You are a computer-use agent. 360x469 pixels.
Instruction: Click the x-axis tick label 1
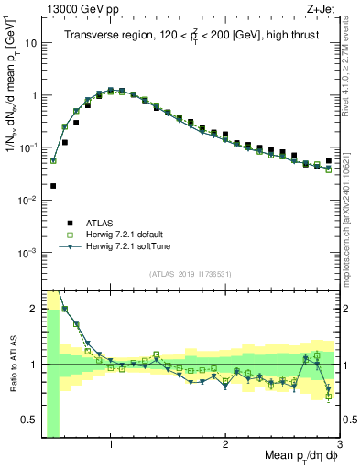coord(111,445)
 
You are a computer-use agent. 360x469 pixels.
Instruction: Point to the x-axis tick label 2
coord(225,445)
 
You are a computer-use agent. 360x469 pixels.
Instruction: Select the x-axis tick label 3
coord(339,445)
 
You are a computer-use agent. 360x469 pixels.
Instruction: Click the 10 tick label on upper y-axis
coord(31,42)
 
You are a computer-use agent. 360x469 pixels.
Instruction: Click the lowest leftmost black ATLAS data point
coord(53,186)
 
